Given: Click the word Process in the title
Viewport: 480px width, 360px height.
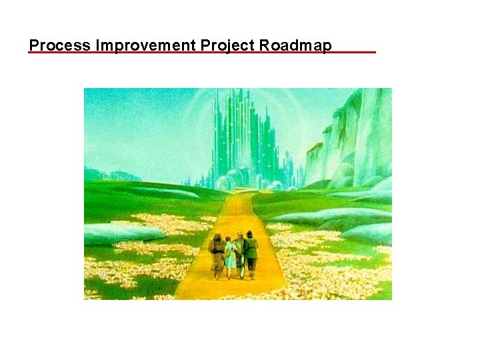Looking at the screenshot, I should pyautogui.click(x=61, y=45).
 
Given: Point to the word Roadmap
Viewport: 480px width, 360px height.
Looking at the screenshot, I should pyautogui.click(x=295, y=45).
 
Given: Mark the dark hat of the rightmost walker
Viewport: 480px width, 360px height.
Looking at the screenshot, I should pyautogui.click(x=250, y=234).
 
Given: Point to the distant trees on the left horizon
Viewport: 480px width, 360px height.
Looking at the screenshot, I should pyautogui.click(x=107, y=175).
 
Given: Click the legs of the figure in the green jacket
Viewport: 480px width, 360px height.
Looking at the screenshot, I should pyautogui.click(x=252, y=268).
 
